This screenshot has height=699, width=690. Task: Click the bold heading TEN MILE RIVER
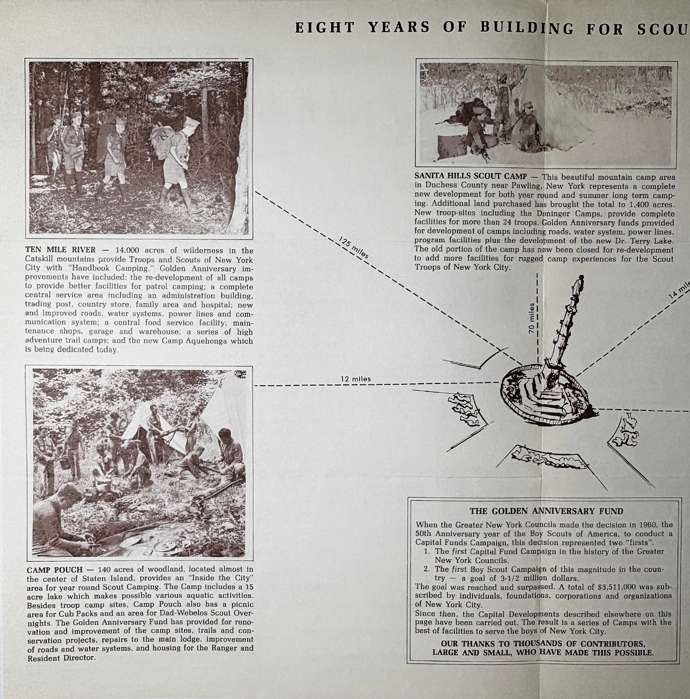tap(60, 250)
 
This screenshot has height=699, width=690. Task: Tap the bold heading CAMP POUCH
tap(55, 569)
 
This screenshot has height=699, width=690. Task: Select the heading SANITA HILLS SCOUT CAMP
tap(471, 176)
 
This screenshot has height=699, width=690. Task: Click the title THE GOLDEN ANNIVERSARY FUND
tap(546, 511)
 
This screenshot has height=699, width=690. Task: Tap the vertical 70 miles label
tap(532, 318)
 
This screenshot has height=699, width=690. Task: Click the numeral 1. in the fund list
tap(427, 551)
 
